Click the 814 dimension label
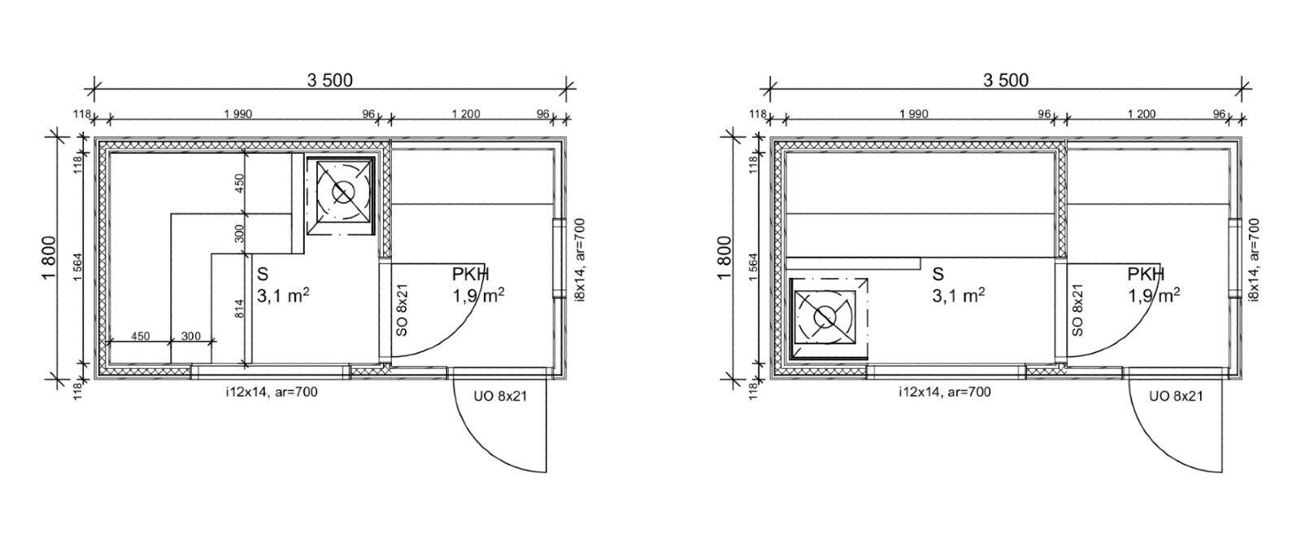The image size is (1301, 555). click(x=239, y=308)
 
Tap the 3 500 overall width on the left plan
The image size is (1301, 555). click(x=330, y=80)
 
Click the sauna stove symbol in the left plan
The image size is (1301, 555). click(x=341, y=196)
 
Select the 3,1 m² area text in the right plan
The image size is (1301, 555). click(x=959, y=296)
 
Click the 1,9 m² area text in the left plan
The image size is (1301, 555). click(x=478, y=296)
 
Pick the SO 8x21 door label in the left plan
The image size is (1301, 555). click(x=402, y=310)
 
